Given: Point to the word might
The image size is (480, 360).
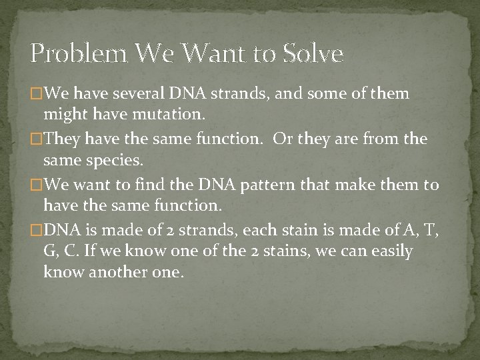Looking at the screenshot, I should tap(62, 115).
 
